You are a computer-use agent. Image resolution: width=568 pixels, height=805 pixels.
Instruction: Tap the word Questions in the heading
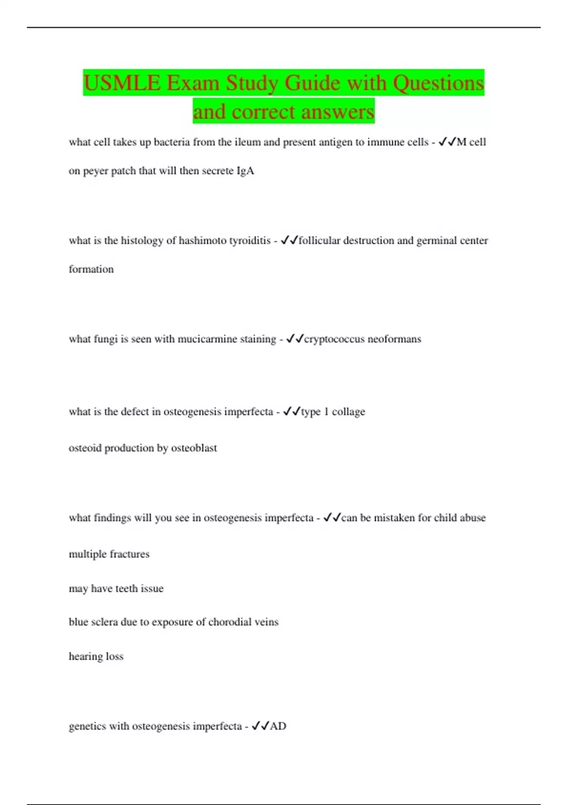pyautogui.click(x=438, y=83)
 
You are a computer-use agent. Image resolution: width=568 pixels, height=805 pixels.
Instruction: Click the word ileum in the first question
pyautogui.click(x=248, y=142)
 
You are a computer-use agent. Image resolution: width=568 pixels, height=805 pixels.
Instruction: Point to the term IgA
pyautogui.click(x=245, y=171)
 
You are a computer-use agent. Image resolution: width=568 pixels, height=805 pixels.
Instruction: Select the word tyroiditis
pyautogui.click(x=250, y=241)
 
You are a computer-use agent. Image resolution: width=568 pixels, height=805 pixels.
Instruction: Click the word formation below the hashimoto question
pyautogui.click(x=91, y=269)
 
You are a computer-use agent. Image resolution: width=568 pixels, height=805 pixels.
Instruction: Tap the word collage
pyautogui.click(x=348, y=412)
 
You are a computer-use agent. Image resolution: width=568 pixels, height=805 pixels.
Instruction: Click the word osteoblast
pyautogui.click(x=194, y=448)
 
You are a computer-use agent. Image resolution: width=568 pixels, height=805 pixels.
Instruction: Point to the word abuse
pyautogui.click(x=473, y=518)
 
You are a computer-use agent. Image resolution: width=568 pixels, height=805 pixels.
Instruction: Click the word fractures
pyautogui.click(x=129, y=554)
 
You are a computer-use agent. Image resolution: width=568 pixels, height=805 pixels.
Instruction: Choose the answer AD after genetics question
pyautogui.click(x=278, y=726)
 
